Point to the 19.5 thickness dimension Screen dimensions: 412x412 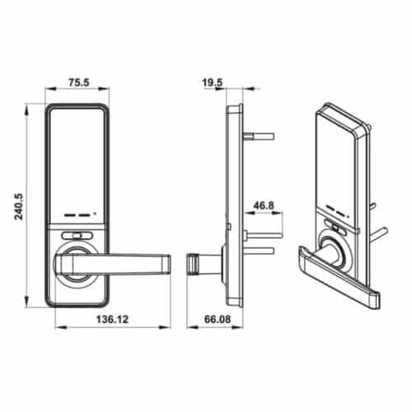[x=212, y=82]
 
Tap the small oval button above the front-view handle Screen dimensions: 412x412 [x=78, y=235]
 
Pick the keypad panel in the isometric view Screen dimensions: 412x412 [x=339, y=165]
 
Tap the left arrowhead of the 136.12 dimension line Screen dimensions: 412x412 [x=59, y=329]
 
